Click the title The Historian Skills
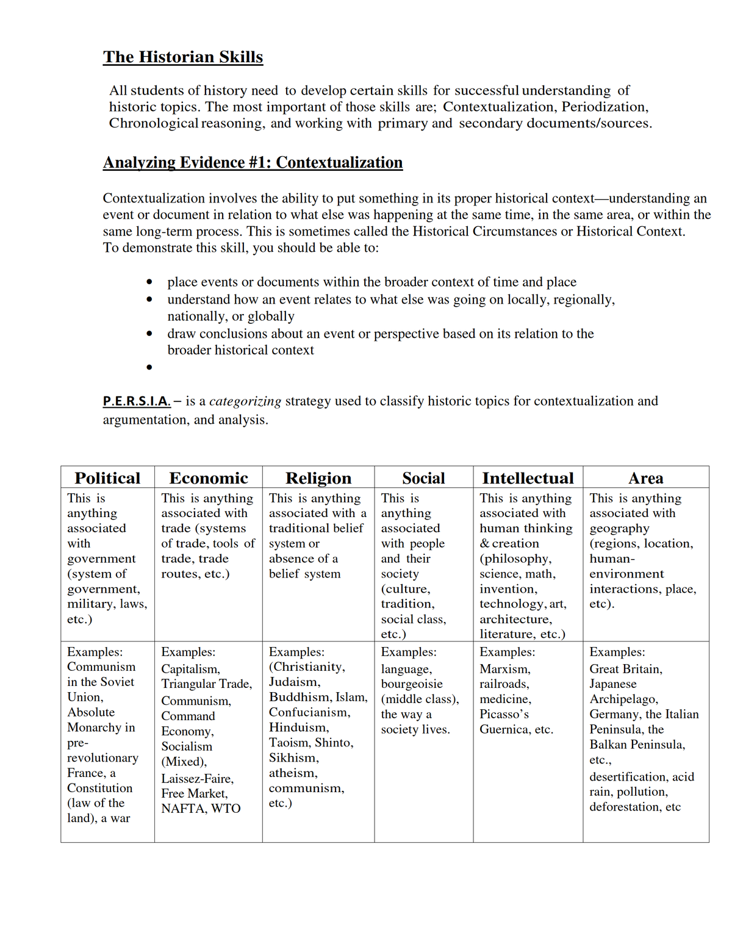(183, 57)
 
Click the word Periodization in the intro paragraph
(603, 107)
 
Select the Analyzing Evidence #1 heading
(253, 163)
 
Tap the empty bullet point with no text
(149, 367)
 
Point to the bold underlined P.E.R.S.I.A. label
(137, 401)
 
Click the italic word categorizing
(245, 401)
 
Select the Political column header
(107, 478)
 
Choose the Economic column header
(209, 478)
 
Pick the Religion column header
(318, 478)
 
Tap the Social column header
(423, 478)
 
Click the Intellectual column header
(528, 478)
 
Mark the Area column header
(645, 478)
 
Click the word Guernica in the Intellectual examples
(504, 729)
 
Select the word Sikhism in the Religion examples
(293, 758)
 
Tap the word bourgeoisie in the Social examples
(412, 684)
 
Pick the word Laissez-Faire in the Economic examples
(197, 779)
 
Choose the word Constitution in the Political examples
(99, 788)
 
